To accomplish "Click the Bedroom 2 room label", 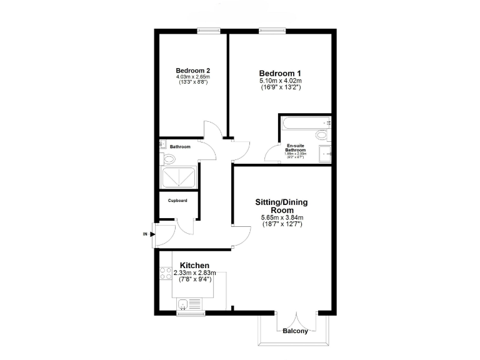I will tap(192, 70).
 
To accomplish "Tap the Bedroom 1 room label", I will tap(281, 72).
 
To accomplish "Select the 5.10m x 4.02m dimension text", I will tap(281, 81).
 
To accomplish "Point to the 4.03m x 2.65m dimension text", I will tap(192, 76).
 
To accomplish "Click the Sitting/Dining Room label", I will tap(281, 206).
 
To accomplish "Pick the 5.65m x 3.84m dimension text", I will tap(282, 217).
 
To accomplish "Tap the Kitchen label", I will tap(194, 266).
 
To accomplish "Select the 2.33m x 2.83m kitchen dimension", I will tap(194, 272).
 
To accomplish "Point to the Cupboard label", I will tap(178, 201).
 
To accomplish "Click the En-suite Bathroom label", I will tap(296, 147).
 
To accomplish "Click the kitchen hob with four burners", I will tap(166, 272).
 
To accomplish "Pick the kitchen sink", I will tap(183, 304).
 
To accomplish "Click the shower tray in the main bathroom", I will tap(179, 178).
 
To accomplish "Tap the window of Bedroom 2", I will tap(208, 30).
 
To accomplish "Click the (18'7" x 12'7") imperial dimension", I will tap(282, 224).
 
